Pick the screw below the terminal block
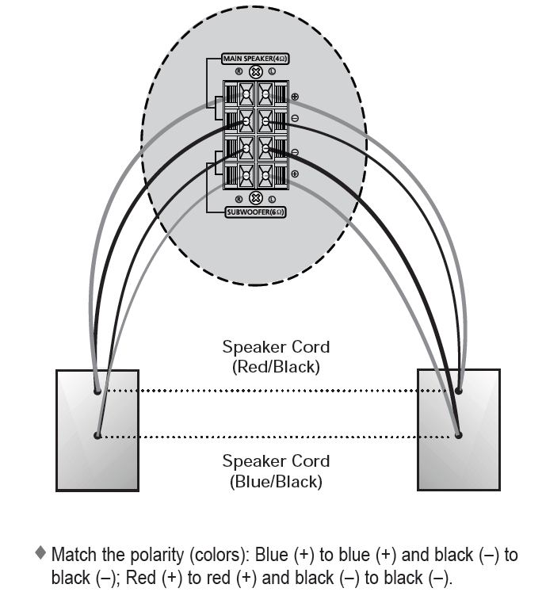pyautogui.click(x=255, y=199)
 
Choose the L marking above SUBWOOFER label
pyautogui.click(x=272, y=199)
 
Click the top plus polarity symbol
pyautogui.click(x=295, y=97)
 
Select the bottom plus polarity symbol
pyautogui.click(x=295, y=174)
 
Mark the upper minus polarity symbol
pyautogui.click(x=295, y=119)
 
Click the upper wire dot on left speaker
pyautogui.click(x=97, y=391)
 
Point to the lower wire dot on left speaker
pyautogui.click(x=97, y=435)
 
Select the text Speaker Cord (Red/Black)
pyautogui.click(x=276, y=357)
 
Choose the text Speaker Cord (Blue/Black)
pyautogui.click(x=276, y=470)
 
